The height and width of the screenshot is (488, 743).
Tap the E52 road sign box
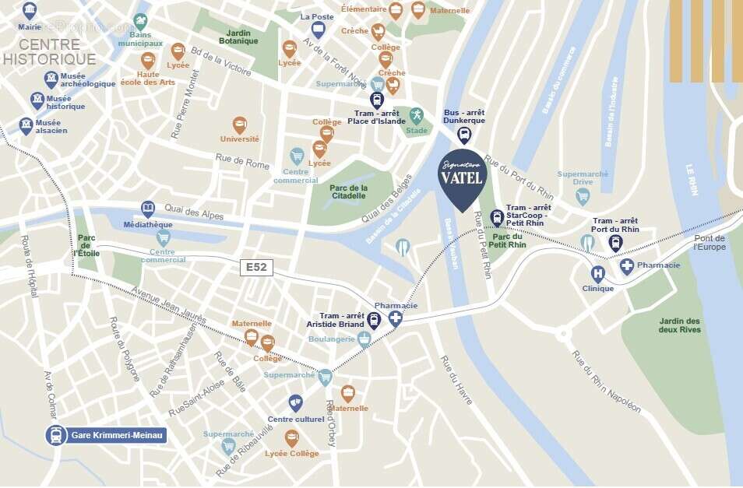coord(256,268)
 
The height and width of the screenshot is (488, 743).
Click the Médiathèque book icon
coord(148,209)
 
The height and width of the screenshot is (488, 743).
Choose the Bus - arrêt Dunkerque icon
coord(464,135)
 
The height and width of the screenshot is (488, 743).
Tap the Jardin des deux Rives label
coord(679,325)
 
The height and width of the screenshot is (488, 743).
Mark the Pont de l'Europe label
coord(709,243)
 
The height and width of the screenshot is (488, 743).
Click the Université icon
coord(240,125)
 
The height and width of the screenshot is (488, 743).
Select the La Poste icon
coord(318,30)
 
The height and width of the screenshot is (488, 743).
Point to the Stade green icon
coord(417,115)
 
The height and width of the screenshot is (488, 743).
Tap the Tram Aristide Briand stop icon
coord(374,320)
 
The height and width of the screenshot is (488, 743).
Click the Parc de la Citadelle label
coord(348,191)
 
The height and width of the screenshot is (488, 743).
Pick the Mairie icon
coord(30,11)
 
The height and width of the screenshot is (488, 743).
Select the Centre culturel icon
coord(295,402)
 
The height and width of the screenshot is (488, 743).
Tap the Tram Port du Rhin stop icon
coord(615,243)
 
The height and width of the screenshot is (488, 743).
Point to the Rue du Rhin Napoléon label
coord(607,381)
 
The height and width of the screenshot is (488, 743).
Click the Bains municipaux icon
coord(141,22)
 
